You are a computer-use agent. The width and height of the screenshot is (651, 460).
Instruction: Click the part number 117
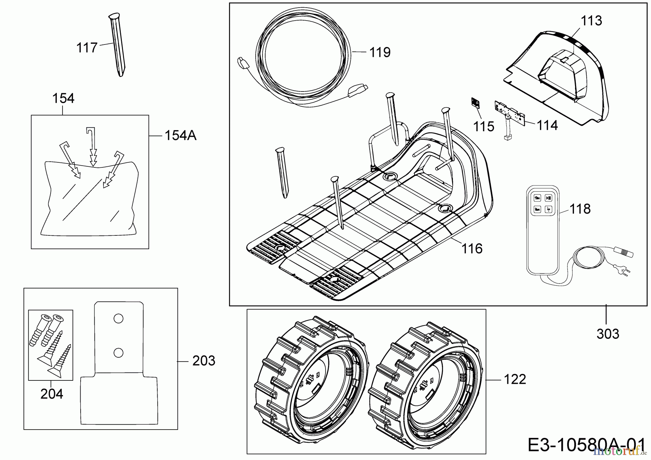(x=87, y=48)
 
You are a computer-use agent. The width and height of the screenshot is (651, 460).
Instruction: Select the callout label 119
(x=380, y=52)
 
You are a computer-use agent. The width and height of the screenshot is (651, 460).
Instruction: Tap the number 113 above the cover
(x=591, y=21)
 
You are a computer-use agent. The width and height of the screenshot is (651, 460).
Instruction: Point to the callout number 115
(x=484, y=127)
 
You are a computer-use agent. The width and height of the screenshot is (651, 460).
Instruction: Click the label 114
(x=547, y=125)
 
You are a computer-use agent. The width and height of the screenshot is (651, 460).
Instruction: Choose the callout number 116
(x=472, y=248)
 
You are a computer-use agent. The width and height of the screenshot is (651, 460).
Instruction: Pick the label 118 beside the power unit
(x=580, y=209)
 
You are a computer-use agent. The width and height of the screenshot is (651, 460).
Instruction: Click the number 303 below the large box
(x=608, y=334)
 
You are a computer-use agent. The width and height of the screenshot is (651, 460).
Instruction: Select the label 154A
(x=180, y=136)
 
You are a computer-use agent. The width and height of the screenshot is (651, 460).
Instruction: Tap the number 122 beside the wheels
(x=515, y=379)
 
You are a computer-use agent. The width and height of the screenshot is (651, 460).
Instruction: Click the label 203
(x=204, y=361)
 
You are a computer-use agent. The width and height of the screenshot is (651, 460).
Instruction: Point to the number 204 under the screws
(x=52, y=394)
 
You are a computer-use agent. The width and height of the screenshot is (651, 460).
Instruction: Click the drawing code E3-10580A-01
(x=586, y=445)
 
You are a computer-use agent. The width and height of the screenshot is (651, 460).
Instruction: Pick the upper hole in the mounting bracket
(x=118, y=319)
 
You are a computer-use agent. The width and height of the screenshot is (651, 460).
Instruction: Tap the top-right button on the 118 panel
(x=549, y=198)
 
